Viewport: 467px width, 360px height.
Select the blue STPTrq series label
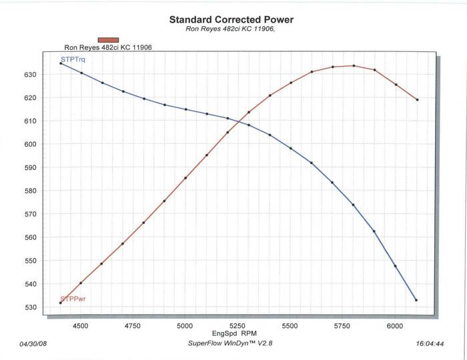73,60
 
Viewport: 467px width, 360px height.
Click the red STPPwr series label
73,299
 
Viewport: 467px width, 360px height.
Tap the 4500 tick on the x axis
81,326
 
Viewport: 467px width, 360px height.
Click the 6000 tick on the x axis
395,326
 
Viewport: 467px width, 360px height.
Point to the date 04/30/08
34,345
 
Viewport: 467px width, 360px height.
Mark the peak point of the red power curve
354,65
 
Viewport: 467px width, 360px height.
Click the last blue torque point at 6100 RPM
416,300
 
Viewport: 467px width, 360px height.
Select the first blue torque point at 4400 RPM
60,63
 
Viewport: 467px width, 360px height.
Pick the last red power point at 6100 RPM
417,100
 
